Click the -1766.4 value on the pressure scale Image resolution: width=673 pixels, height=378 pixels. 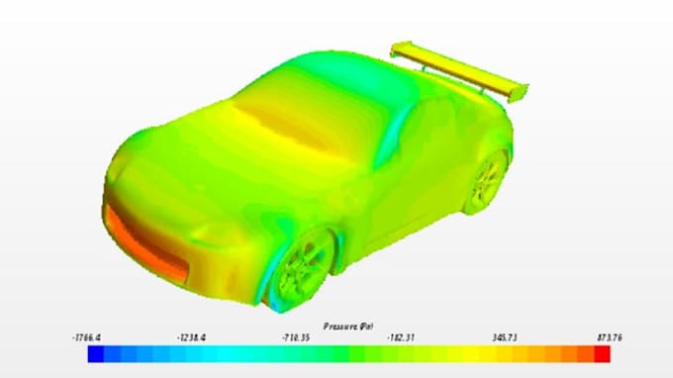[x=88, y=337]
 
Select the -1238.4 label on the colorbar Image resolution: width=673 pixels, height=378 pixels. [x=191, y=337]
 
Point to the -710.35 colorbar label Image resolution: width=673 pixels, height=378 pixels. [x=296, y=337]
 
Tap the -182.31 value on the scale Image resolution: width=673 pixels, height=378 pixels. [x=401, y=337]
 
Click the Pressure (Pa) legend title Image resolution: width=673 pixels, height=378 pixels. [x=347, y=325]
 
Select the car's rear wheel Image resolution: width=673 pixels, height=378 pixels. [x=489, y=178]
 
